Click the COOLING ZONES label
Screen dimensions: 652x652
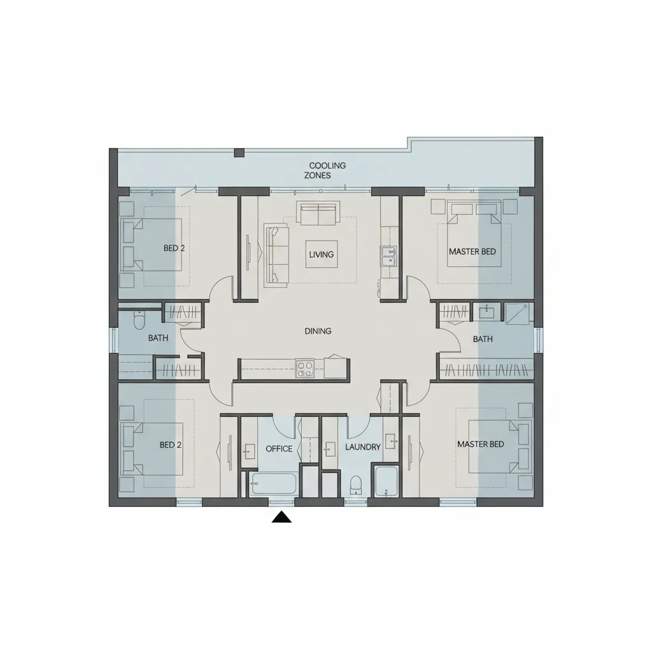(x=325, y=170)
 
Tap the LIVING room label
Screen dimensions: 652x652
(x=321, y=255)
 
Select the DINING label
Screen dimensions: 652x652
(x=318, y=331)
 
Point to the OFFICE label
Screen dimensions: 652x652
(x=279, y=449)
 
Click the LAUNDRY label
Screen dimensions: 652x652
(x=363, y=447)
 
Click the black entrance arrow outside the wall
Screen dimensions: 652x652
(x=281, y=518)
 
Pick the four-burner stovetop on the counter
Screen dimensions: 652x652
(x=305, y=368)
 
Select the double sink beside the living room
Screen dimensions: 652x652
(x=388, y=256)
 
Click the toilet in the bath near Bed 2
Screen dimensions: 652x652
(x=139, y=320)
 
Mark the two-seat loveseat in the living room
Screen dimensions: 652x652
(x=319, y=213)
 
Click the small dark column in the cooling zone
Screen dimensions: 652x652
(x=239, y=153)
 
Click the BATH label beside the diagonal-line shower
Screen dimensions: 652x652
(x=483, y=339)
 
